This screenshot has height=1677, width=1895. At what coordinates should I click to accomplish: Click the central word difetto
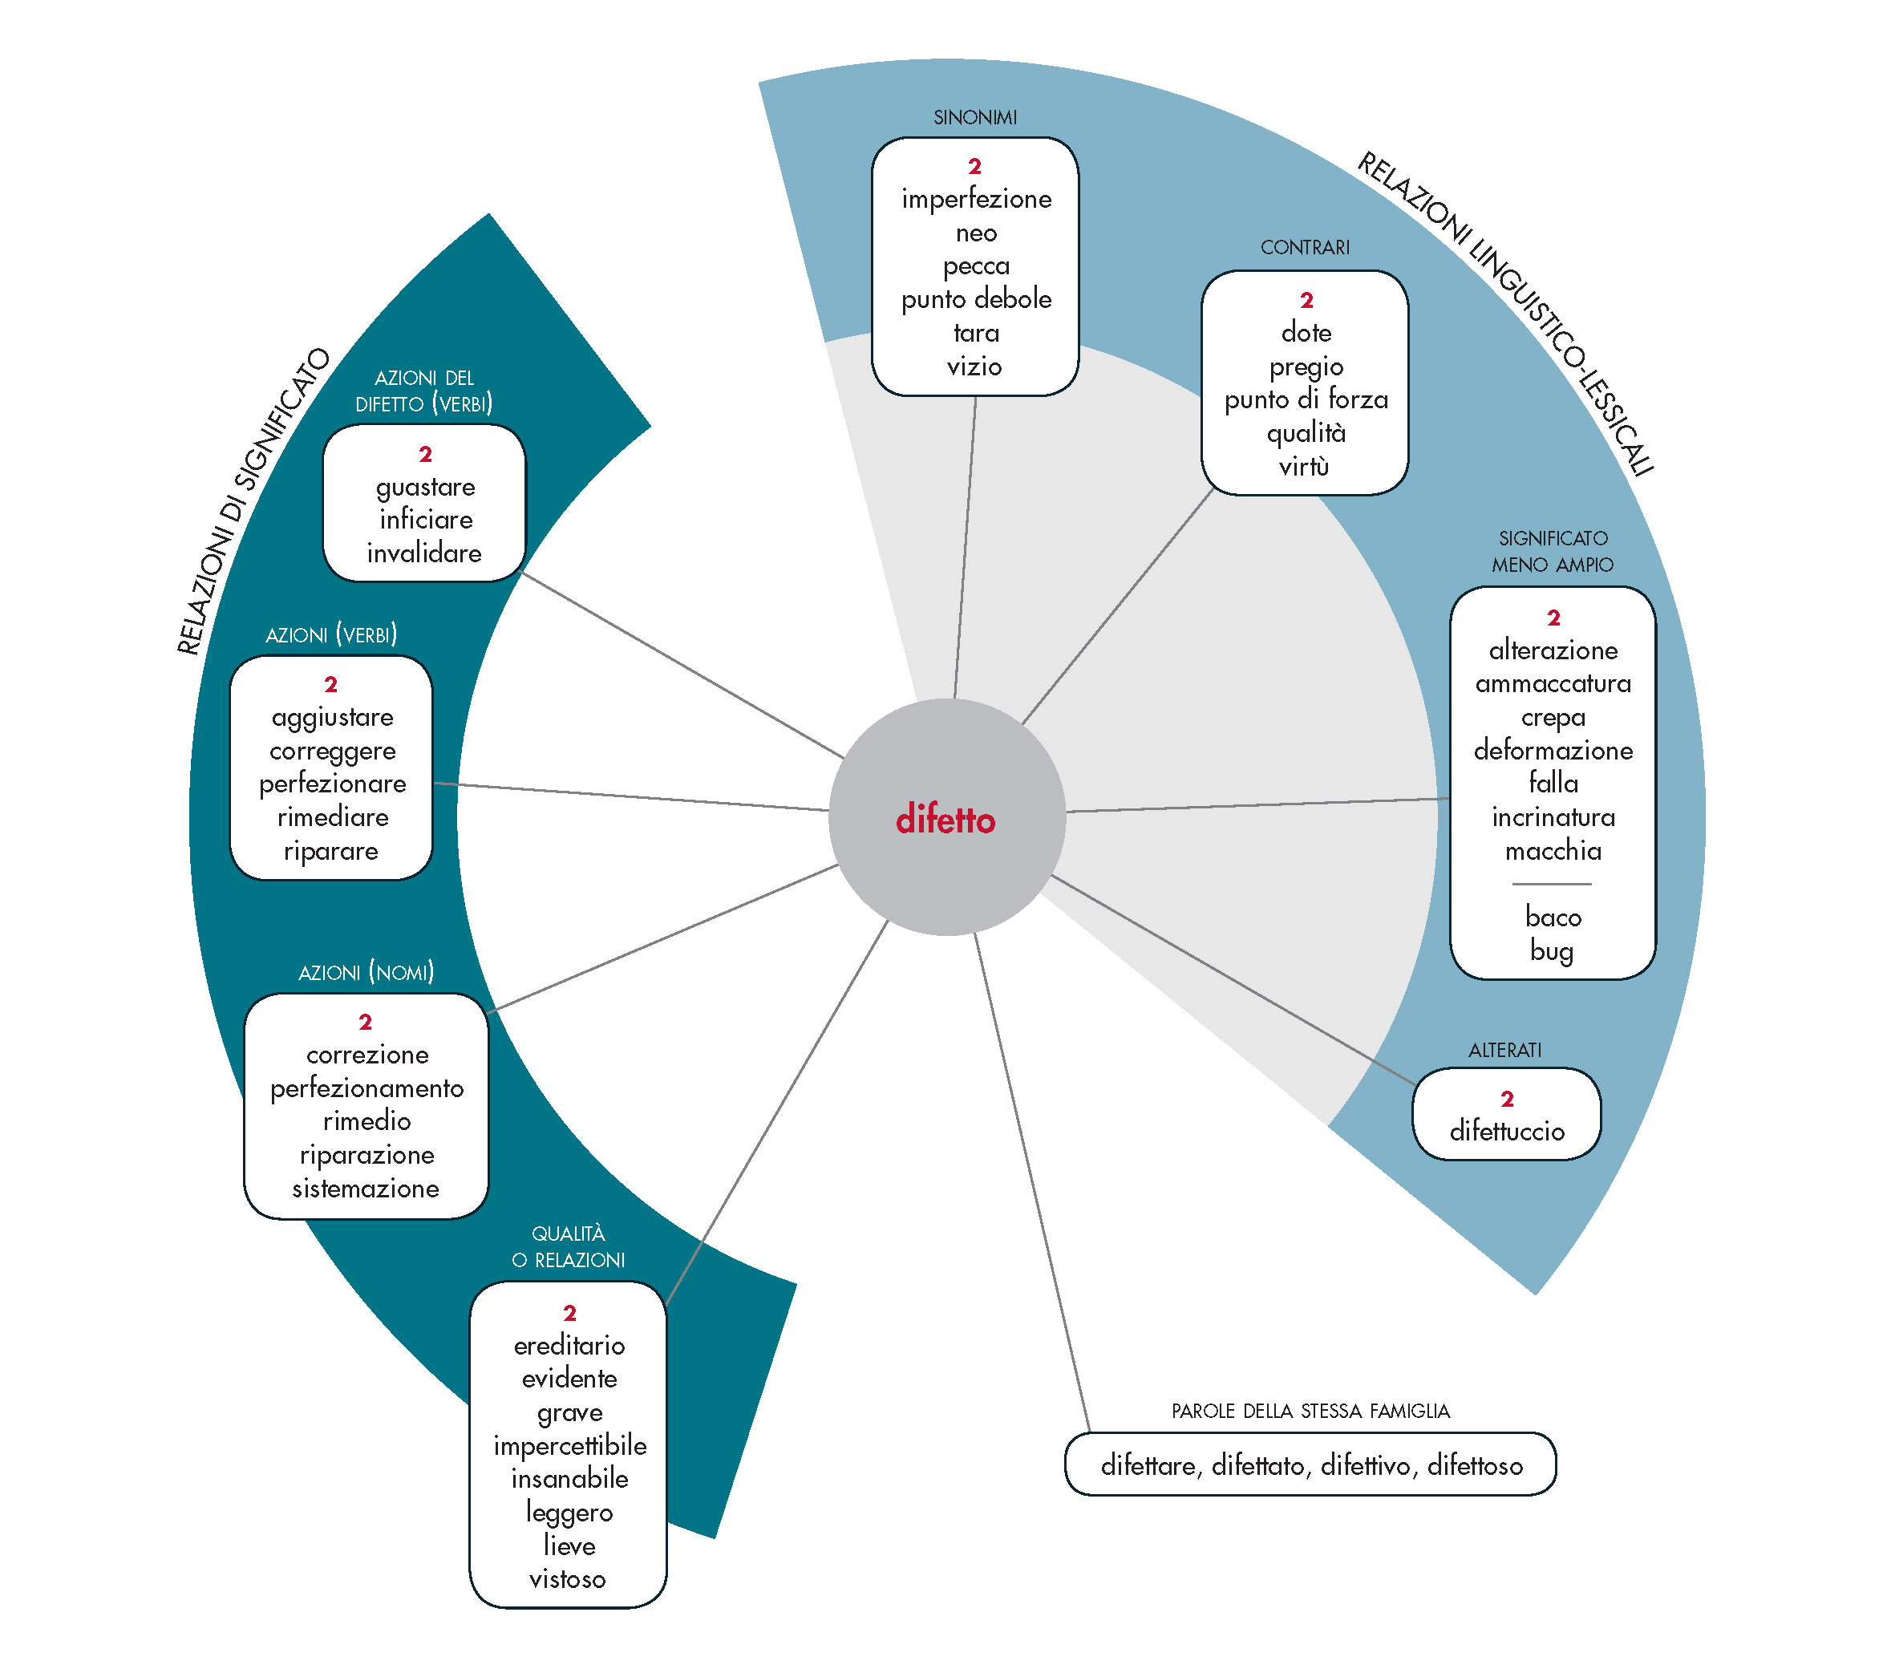point(945,820)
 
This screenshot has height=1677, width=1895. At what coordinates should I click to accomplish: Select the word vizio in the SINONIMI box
point(974,367)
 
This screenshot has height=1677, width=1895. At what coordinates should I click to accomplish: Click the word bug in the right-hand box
point(1552,951)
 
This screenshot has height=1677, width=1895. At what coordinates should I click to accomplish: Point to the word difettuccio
point(1507,1131)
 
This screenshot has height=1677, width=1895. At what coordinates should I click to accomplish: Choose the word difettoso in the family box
point(1475,1465)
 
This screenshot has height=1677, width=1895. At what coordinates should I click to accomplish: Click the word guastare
point(426,488)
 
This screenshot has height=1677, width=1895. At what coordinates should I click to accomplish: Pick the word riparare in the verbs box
point(331,851)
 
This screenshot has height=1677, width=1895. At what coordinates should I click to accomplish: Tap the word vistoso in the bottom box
point(568,1578)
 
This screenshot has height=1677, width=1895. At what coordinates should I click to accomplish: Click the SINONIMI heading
point(975,118)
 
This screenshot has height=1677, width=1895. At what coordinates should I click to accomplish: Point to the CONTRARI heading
point(1305,248)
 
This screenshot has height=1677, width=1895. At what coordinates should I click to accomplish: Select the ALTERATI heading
point(1504,1051)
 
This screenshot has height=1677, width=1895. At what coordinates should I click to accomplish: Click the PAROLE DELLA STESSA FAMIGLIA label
point(1310,1411)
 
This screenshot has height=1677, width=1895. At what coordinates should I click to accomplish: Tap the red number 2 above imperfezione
point(974,167)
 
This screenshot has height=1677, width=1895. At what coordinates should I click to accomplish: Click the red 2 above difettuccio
point(1507,1100)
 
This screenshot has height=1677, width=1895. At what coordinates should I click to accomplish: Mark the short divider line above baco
point(1552,885)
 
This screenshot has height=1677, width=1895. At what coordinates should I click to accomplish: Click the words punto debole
point(976,299)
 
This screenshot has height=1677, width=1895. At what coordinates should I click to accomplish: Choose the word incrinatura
point(1553,817)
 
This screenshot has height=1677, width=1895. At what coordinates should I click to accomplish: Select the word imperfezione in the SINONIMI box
point(976,200)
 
